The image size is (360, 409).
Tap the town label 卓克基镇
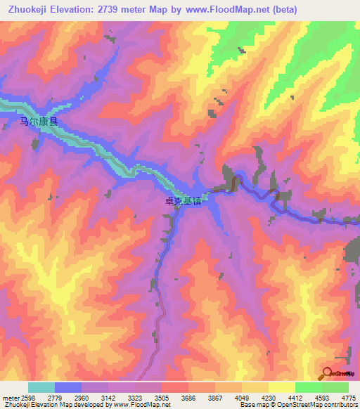click(x=184, y=200)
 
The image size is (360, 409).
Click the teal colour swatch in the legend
click(x=41, y=387)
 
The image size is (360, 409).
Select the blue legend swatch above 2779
click(x=68, y=387)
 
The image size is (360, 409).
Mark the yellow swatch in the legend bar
click(x=281, y=387)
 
